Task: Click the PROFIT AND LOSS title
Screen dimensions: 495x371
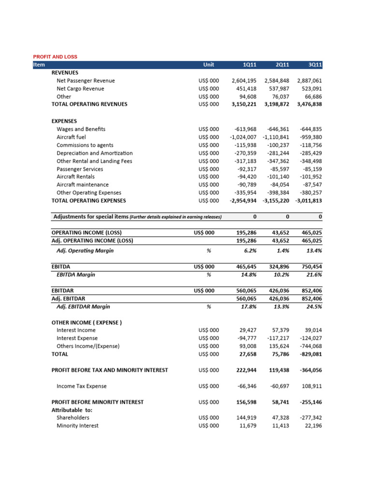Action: point(55,57)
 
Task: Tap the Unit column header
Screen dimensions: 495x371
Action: point(209,65)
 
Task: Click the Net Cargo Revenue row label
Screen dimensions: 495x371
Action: point(80,88)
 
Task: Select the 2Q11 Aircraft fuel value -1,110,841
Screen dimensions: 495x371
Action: point(276,137)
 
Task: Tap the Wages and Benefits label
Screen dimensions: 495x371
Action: point(81,129)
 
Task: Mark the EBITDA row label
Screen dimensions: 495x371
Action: point(61,266)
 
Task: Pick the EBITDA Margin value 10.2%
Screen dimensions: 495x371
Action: point(281,275)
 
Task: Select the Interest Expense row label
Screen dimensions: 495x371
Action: point(77,338)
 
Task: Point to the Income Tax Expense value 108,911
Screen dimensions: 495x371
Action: point(311,386)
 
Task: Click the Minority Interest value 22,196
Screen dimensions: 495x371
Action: point(313,425)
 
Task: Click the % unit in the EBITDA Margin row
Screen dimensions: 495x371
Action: point(209,275)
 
